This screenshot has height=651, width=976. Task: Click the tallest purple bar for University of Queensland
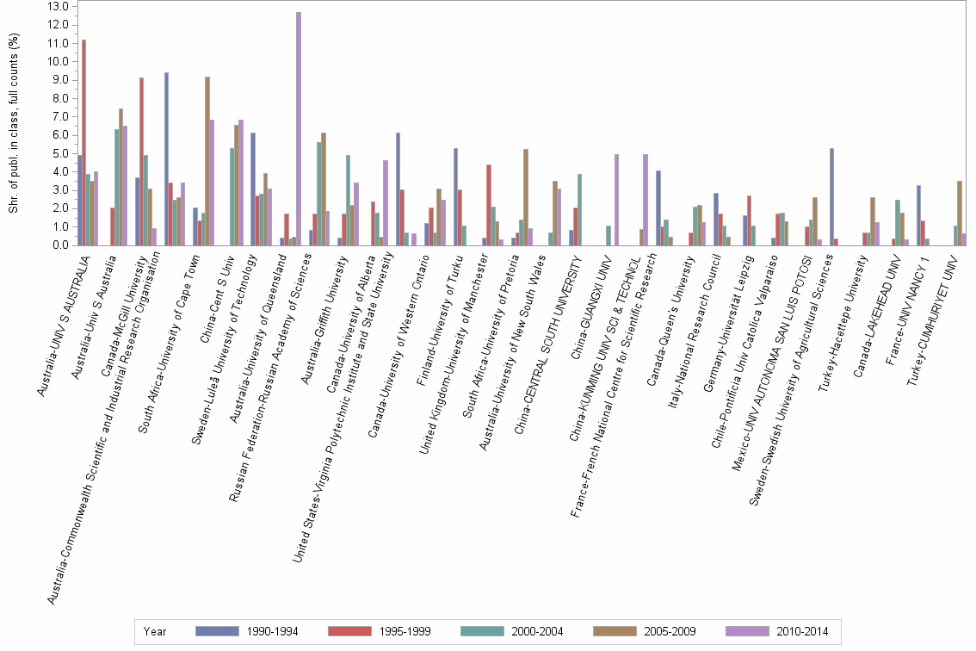(x=299, y=129)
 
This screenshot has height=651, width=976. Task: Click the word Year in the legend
(x=156, y=631)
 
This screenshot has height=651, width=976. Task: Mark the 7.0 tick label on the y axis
(x=59, y=116)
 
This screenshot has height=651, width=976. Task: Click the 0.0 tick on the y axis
(x=59, y=245)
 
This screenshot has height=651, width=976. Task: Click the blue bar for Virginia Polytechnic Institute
(x=398, y=189)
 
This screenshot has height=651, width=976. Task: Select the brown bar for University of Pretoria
(x=525, y=197)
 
